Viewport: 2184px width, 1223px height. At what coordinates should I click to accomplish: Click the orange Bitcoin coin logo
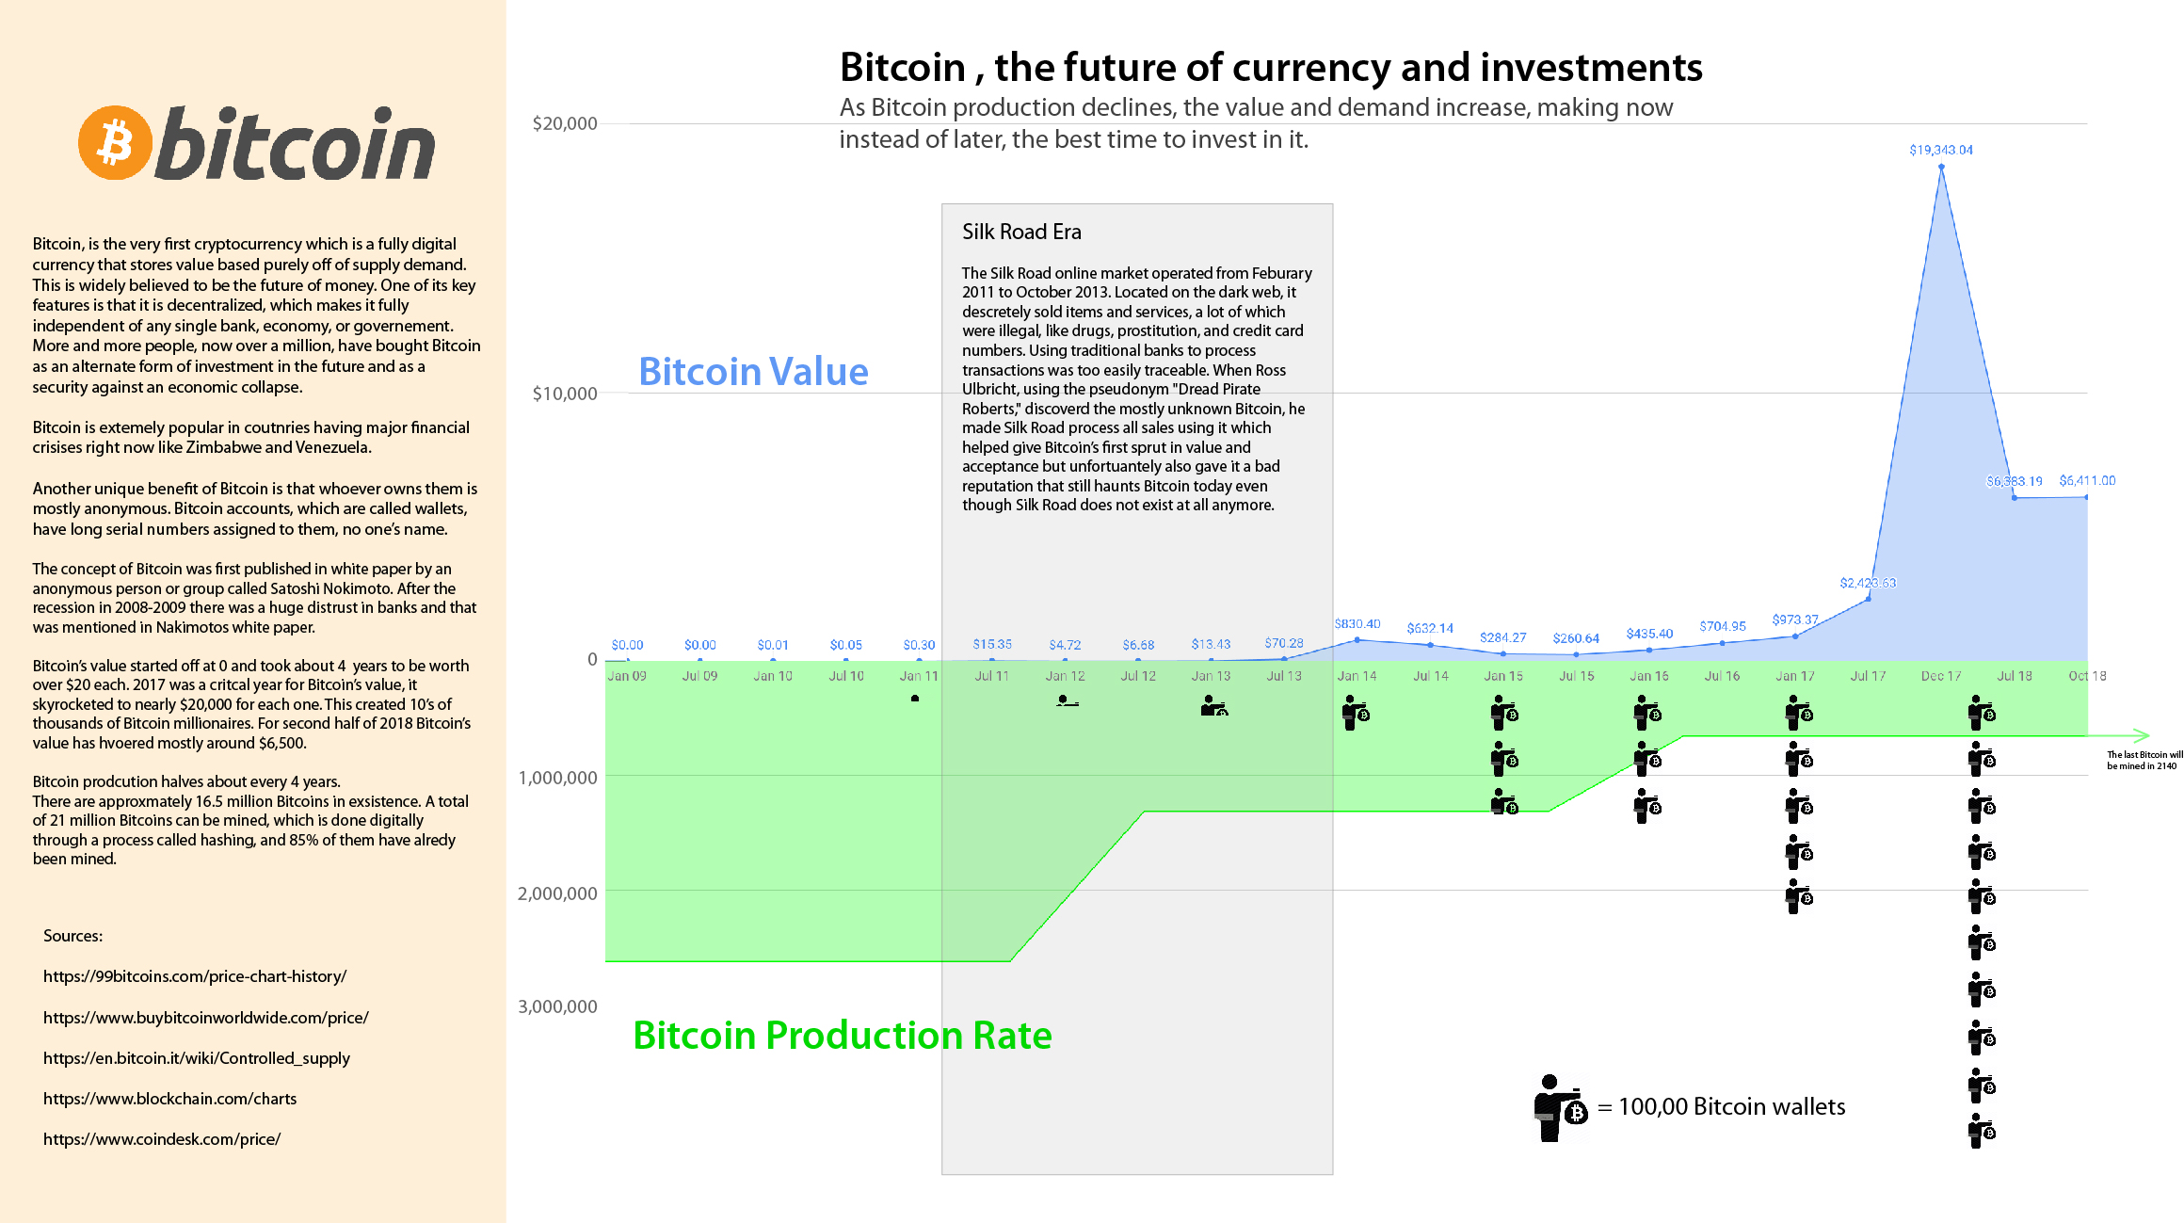point(115,142)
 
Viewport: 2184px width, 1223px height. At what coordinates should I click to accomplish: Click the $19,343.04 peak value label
point(1940,150)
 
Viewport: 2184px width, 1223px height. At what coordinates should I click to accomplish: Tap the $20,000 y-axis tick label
point(565,123)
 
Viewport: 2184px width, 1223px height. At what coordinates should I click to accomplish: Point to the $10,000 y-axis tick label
point(565,394)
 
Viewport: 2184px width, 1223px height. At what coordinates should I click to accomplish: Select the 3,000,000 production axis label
point(557,1006)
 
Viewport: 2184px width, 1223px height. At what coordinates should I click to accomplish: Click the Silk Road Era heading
point(1021,232)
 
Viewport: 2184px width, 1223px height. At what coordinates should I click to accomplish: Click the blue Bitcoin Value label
point(753,372)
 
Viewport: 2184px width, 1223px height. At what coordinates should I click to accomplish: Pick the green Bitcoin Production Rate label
point(843,1036)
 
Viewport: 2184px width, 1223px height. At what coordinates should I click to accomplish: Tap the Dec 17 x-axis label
point(1941,676)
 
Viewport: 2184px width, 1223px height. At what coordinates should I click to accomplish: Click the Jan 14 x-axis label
point(1357,676)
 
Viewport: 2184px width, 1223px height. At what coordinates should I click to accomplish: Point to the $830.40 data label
point(1357,624)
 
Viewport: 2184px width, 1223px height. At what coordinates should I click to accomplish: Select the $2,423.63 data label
point(1868,583)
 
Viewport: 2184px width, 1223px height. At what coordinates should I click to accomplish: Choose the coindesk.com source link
point(162,1139)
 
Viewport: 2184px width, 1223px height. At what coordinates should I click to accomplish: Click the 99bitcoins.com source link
point(195,976)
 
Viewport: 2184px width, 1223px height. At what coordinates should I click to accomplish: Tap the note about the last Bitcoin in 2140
point(2144,760)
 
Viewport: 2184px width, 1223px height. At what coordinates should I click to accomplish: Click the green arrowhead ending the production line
point(2143,735)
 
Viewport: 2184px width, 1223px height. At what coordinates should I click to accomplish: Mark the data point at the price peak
point(1941,167)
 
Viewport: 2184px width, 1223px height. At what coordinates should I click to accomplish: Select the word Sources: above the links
point(72,936)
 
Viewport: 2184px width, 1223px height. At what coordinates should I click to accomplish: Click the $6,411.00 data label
point(2087,480)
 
